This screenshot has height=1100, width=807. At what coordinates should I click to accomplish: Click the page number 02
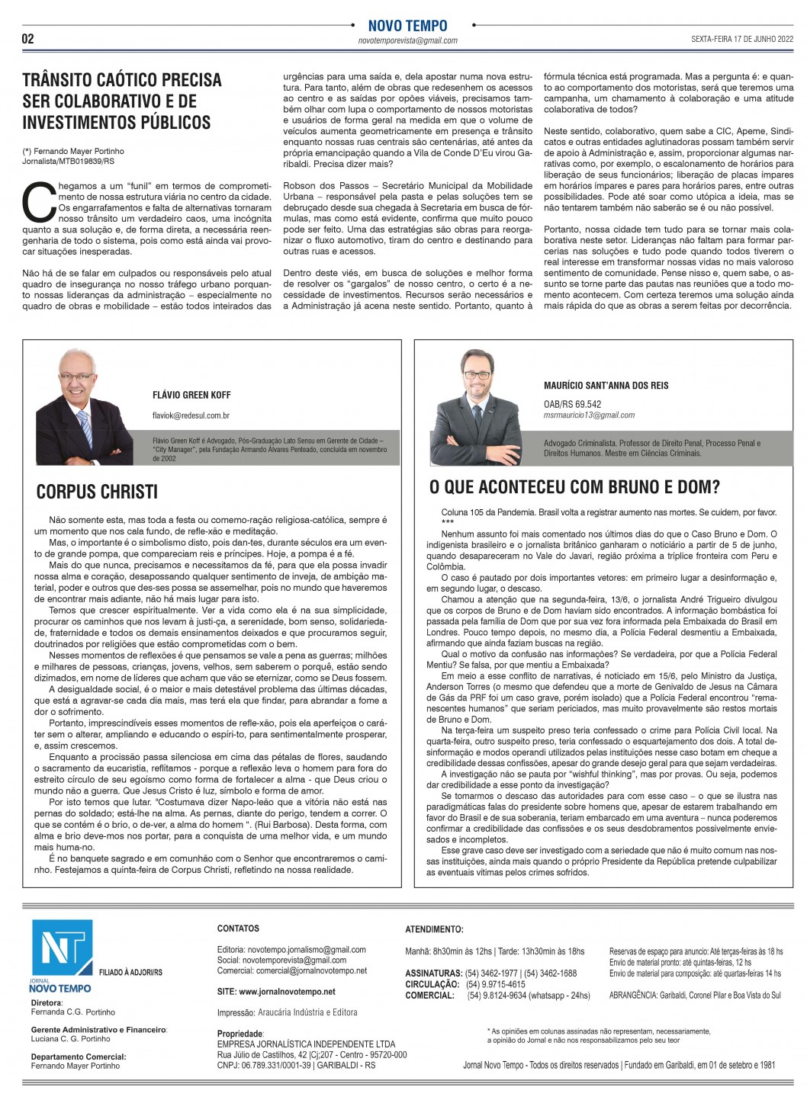point(27,39)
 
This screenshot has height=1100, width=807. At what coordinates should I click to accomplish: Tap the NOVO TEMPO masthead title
point(407,26)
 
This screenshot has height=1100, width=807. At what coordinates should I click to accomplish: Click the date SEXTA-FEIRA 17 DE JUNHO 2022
point(741,39)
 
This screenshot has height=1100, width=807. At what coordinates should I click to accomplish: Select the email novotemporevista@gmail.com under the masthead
point(407,40)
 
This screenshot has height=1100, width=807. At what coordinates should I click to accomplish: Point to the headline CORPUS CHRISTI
point(97,492)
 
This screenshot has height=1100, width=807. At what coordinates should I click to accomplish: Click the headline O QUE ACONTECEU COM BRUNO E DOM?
point(574,486)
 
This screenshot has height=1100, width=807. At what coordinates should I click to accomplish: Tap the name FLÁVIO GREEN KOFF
point(191,395)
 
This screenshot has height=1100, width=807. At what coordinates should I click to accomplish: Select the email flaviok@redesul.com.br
point(191,415)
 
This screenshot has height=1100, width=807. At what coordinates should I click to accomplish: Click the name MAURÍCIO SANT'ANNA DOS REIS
point(606,385)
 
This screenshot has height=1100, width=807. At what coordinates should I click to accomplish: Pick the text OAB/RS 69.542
point(572,404)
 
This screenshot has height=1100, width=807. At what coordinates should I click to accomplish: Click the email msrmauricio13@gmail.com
point(589,415)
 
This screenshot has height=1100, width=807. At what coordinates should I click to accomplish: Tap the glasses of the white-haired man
point(76,377)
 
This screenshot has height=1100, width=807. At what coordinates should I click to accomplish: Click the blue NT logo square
point(62,948)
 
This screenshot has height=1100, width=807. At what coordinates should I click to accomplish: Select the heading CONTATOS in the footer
point(238,928)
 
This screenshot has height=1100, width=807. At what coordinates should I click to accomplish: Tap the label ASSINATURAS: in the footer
point(433,973)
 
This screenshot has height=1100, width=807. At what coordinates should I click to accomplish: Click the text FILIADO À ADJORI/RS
point(130,973)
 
